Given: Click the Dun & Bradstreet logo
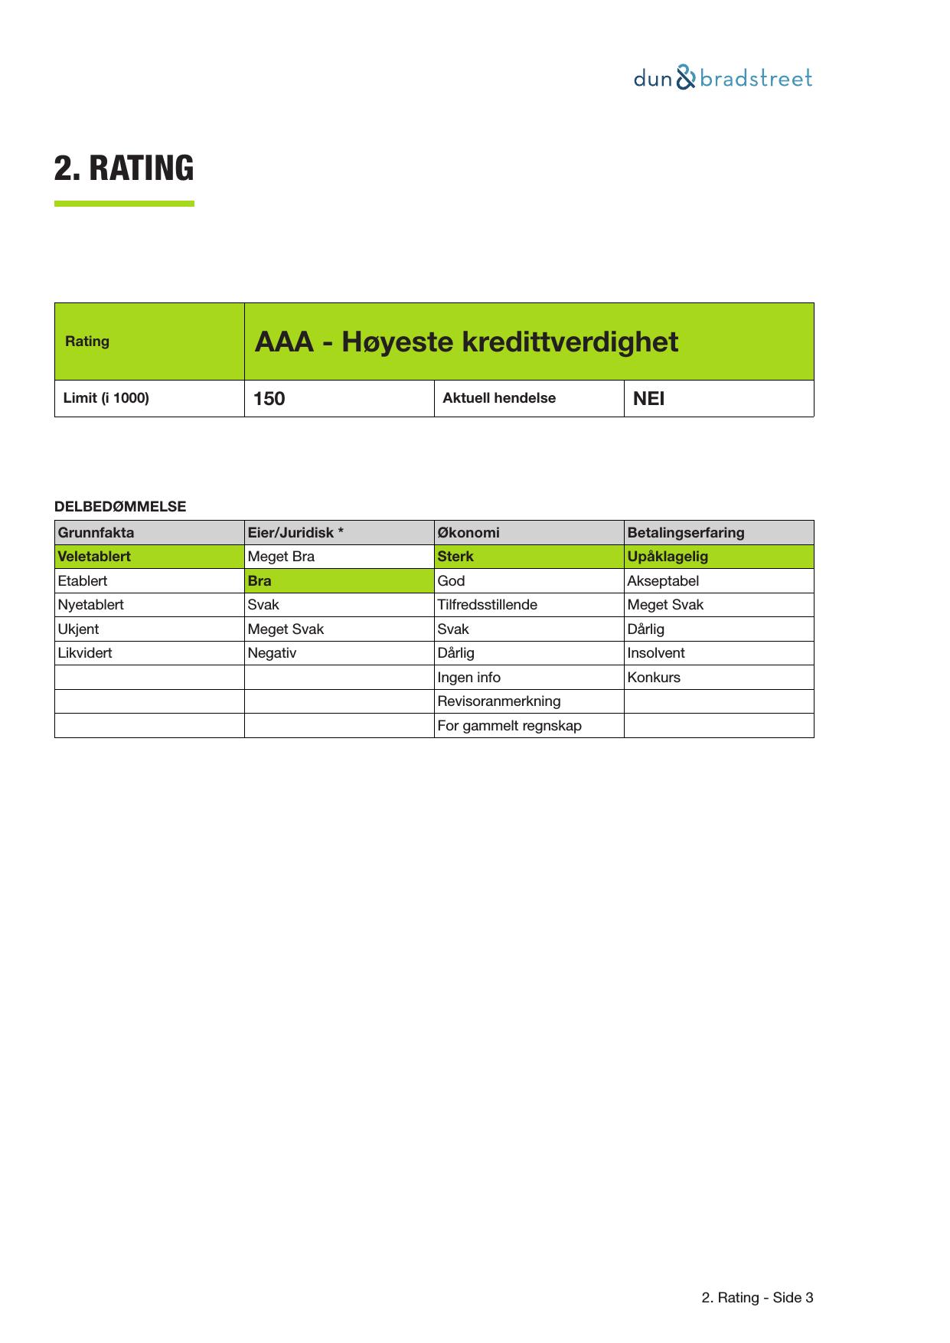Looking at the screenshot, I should click(723, 78).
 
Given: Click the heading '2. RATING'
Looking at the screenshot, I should click(124, 168).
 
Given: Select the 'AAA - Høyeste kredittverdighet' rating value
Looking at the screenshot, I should click(466, 341).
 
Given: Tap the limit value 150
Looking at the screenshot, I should click(269, 399).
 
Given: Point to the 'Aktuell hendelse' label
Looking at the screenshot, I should click(499, 398).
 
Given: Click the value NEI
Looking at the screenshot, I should click(648, 399).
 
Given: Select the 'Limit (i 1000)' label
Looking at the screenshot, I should click(106, 398).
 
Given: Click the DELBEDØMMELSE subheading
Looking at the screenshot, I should click(120, 507).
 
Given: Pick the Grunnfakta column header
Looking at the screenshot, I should click(96, 533).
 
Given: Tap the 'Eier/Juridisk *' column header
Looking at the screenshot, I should click(295, 533).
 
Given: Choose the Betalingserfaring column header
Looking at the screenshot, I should click(685, 533).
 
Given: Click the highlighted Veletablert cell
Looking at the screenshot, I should click(95, 557).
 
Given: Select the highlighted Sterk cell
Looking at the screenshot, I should click(455, 557).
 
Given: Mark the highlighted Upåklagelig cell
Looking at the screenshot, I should click(668, 557).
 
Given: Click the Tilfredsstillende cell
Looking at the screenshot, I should click(488, 605).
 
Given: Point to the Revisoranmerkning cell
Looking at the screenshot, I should click(499, 701).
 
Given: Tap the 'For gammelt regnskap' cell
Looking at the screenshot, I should click(509, 726).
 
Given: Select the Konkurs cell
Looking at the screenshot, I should click(654, 678).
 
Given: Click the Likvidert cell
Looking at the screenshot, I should click(85, 653).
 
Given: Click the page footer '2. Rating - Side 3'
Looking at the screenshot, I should click(757, 1298).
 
